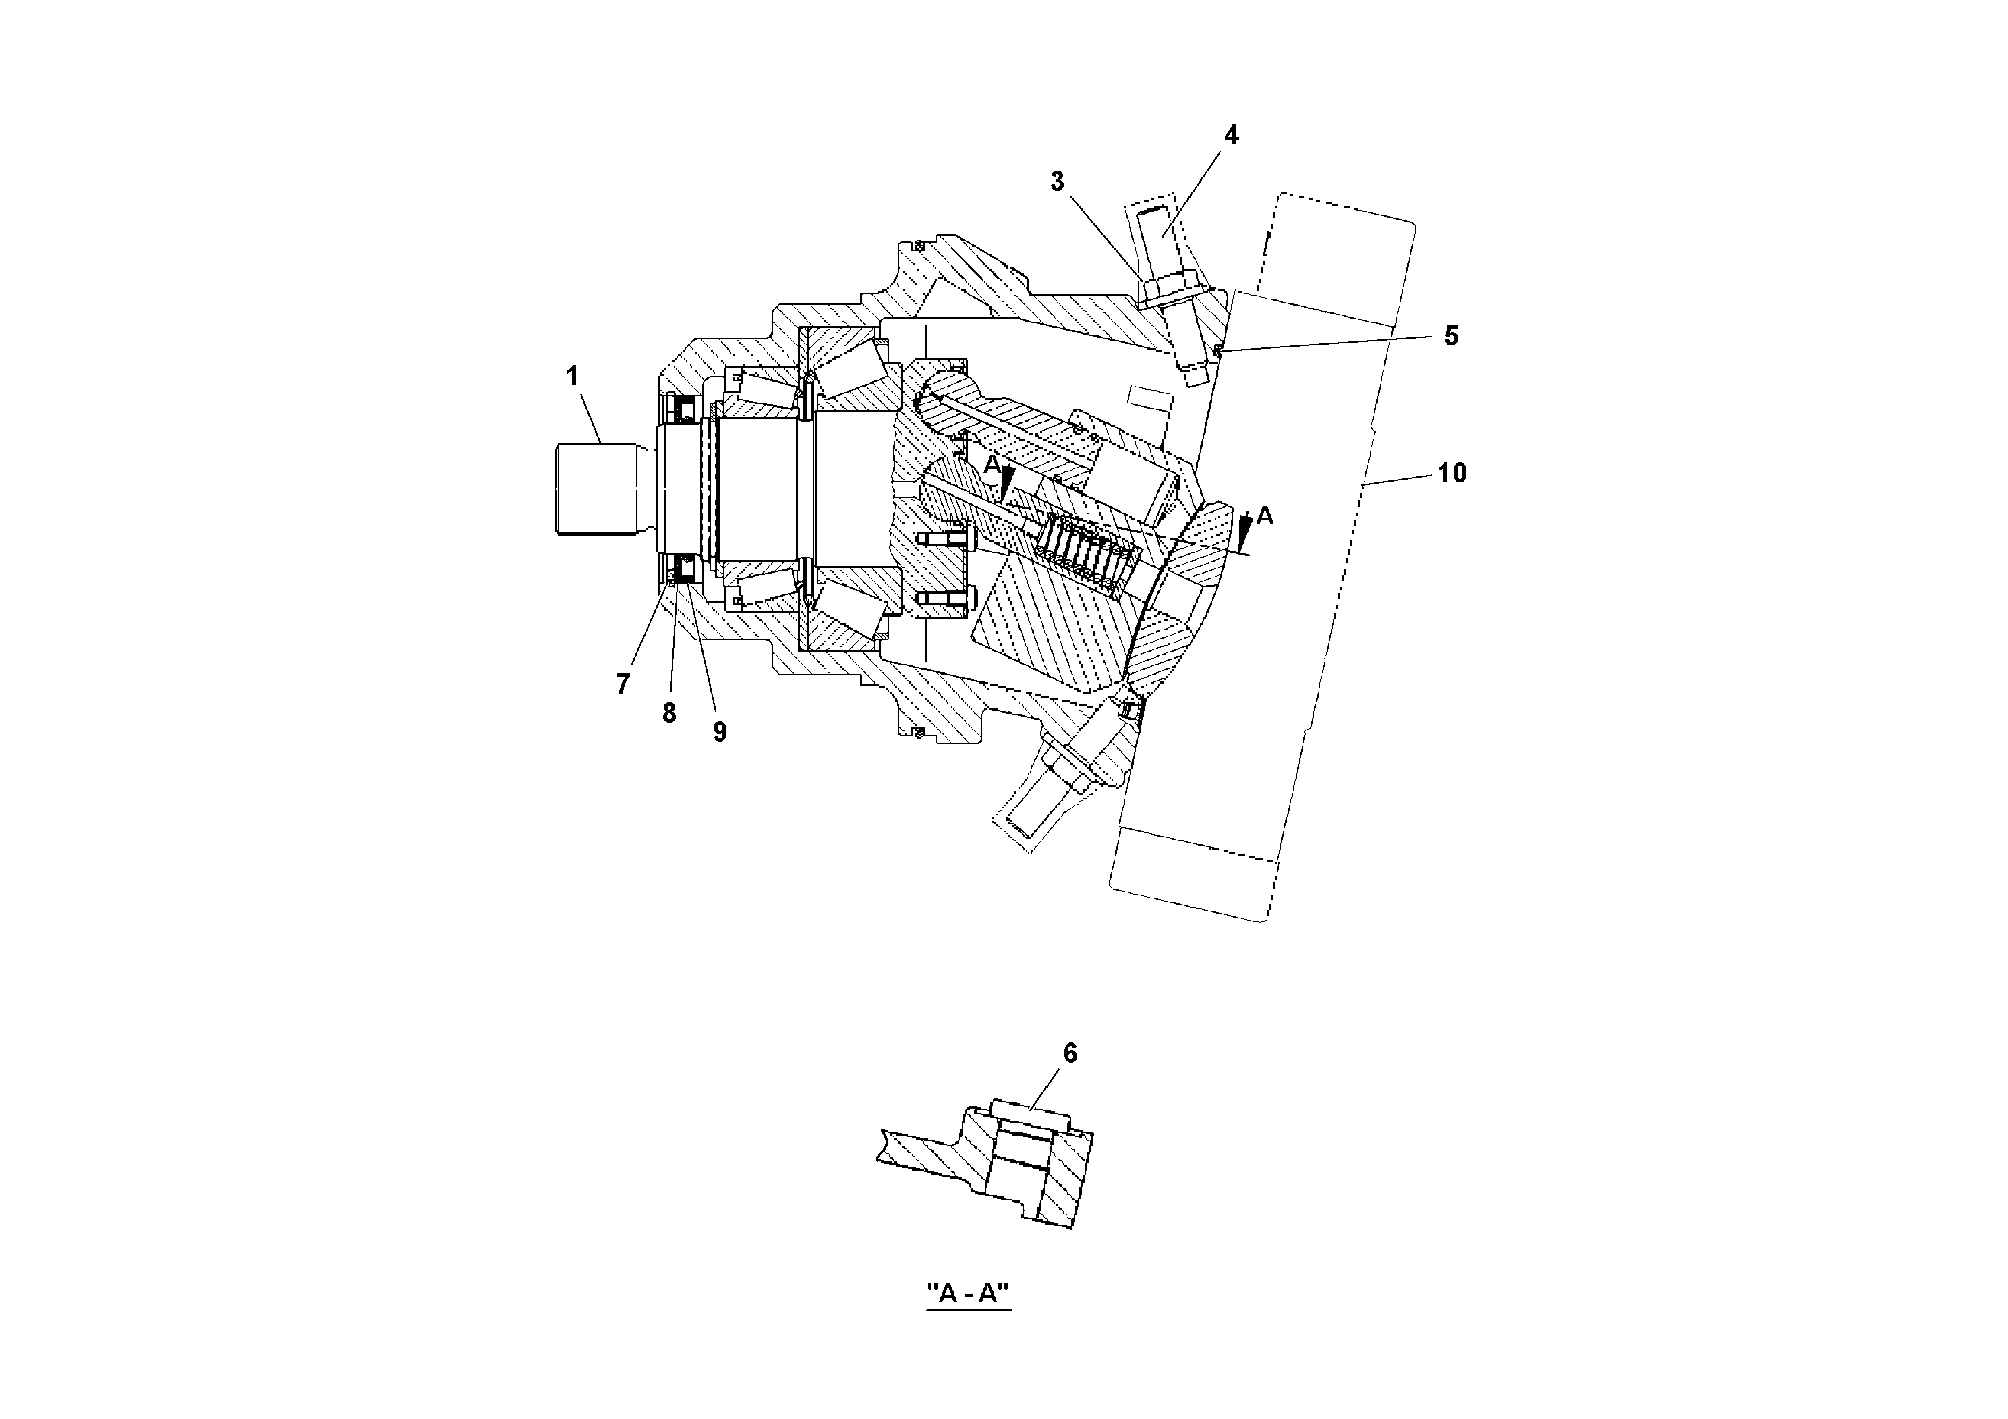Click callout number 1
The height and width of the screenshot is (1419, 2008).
point(572,377)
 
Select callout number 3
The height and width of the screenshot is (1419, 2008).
point(1058,182)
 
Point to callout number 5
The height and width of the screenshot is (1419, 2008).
point(1451,336)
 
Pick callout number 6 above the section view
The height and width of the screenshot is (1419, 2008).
point(1070,1053)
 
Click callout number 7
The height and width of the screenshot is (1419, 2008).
point(623,684)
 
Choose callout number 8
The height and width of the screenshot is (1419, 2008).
point(669,713)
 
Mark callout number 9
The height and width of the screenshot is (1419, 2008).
point(719,731)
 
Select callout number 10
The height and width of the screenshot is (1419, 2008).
point(1452,473)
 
